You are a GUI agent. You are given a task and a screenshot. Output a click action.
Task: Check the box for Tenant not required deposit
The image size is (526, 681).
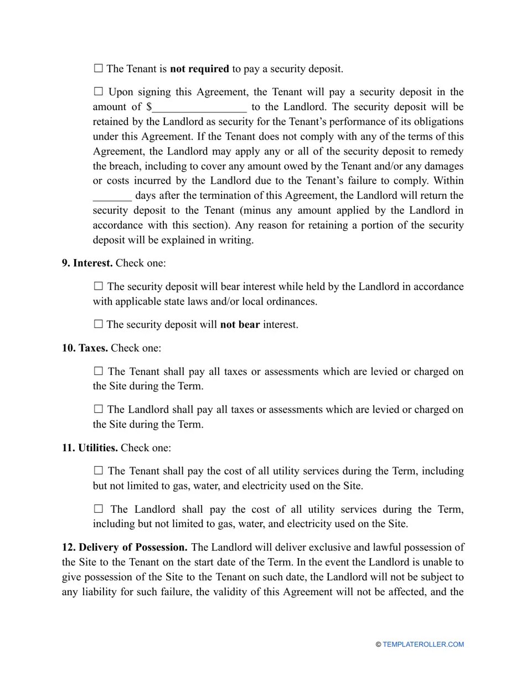click(99, 69)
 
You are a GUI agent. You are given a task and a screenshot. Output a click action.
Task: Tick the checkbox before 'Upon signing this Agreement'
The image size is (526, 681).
click(99, 91)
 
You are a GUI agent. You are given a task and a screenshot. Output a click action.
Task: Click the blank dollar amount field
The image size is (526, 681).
click(199, 107)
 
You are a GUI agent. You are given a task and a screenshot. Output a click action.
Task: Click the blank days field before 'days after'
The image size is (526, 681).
click(112, 196)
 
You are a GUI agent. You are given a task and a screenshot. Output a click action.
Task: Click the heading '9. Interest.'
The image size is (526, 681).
click(87, 263)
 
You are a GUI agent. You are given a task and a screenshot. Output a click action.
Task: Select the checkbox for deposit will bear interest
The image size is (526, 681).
click(99, 286)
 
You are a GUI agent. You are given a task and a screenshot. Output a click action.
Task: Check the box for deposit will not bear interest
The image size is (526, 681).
click(99, 324)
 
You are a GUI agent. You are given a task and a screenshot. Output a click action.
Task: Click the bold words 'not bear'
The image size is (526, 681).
click(240, 324)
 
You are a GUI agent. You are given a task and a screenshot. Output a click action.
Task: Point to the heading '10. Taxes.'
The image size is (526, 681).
click(85, 348)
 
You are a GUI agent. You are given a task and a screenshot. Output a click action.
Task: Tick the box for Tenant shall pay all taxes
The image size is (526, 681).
click(99, 371)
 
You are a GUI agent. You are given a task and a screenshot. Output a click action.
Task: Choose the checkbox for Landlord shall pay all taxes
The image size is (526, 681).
click(99, 409)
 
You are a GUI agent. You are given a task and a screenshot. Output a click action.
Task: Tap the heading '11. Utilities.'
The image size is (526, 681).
click(90, 448)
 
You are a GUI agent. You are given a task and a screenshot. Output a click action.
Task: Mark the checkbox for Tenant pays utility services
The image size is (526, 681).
click(99, 471)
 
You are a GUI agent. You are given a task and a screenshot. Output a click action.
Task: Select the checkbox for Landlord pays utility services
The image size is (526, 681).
click(99, 509)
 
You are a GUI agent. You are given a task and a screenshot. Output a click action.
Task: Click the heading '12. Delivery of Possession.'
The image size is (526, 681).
click(125, 548)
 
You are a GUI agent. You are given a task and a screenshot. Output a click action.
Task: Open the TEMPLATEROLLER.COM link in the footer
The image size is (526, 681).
click(423, 644)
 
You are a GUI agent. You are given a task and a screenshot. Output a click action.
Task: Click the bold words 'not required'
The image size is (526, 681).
click(199, 69)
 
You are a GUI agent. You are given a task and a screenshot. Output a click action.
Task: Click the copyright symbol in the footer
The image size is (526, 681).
click(378, 644)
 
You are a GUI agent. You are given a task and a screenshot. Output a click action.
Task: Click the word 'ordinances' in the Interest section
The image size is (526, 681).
click(292, 302)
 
